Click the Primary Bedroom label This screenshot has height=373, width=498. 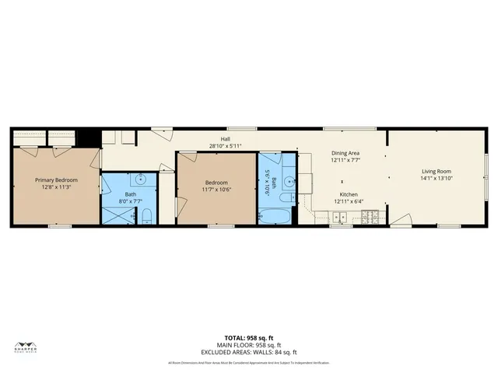pos(56,180)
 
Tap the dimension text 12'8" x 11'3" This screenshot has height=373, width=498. pos(56,186)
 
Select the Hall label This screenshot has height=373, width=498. pos(225,139)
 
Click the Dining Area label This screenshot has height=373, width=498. pos(345,153)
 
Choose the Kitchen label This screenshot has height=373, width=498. pos(347,194)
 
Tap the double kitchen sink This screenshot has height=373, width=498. pos(340,216)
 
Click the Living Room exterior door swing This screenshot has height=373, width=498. pos(401,220)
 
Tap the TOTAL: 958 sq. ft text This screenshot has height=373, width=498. pos(249,337)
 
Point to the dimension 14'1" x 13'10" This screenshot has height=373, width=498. pos(437,179)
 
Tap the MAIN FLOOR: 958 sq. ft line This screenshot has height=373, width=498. pos(249,344)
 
